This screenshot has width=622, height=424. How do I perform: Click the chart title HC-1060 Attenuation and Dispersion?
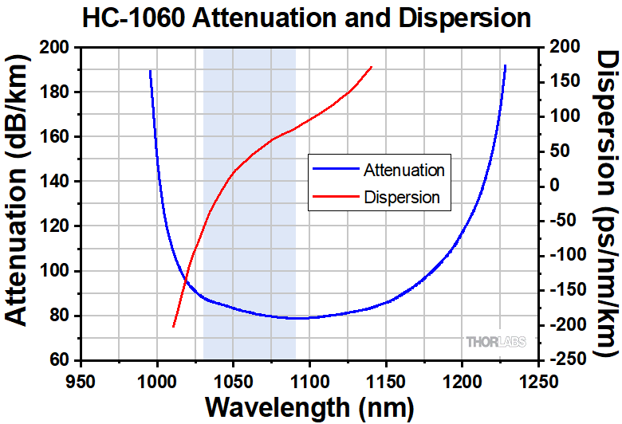click(312, 18)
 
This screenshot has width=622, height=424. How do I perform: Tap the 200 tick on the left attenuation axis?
click(57, 48)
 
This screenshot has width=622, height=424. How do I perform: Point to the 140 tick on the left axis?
click(57, 182)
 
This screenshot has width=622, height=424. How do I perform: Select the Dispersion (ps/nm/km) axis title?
click(604, 203)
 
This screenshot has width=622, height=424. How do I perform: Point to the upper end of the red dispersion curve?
click(372, 67)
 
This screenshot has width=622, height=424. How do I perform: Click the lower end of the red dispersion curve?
click(173, 327)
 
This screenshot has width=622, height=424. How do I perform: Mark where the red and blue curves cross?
click(186, 281)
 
